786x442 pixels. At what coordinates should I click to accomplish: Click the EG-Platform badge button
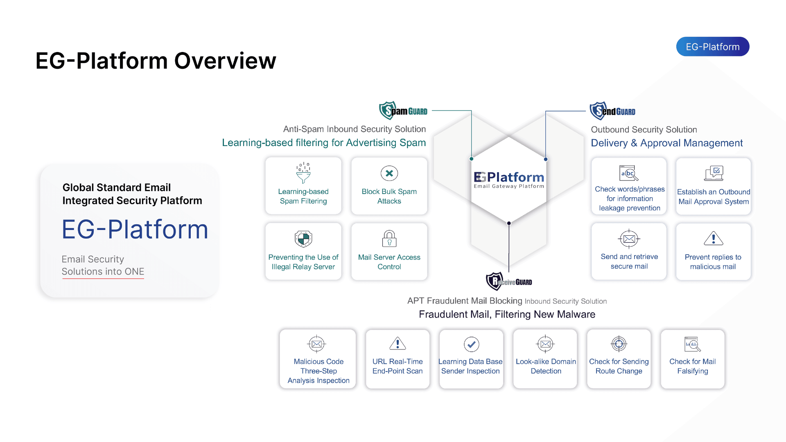point(712,47)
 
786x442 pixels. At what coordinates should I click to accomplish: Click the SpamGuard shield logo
point(387,110)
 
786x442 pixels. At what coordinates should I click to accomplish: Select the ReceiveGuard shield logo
point(494,281)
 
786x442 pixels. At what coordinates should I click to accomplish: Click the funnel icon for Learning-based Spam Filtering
point(303,173)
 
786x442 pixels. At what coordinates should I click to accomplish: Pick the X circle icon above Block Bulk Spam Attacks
point(389,173)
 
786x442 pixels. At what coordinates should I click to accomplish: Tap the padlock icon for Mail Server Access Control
point(389,238)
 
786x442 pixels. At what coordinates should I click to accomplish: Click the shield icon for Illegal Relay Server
point(303,239)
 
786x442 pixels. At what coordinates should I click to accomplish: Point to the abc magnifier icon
point(629,173)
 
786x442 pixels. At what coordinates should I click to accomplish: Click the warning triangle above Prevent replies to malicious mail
point(713,238)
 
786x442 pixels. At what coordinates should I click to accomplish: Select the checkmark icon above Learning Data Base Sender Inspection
point(471,344)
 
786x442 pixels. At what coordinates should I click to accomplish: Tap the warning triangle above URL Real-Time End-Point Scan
point(398,344)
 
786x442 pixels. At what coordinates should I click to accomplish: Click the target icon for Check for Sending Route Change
point(619,344)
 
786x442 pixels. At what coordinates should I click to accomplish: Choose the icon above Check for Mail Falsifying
point(692,344)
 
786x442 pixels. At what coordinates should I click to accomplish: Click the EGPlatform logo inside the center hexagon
point(509,180)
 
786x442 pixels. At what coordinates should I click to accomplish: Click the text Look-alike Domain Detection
point(546,366)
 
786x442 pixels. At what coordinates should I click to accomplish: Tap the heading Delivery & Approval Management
point(666,143)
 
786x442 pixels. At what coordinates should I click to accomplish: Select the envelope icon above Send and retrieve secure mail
point(629,239)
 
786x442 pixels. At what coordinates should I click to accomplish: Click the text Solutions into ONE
point(103,271)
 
